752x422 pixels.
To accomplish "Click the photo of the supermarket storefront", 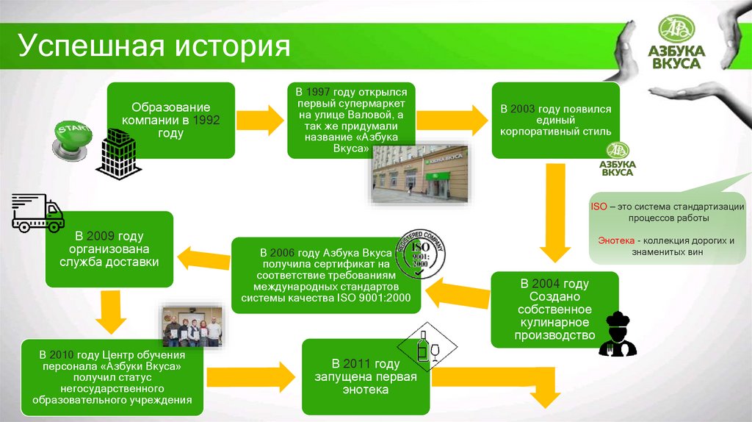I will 419,174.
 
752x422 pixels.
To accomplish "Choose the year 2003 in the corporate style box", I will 523,109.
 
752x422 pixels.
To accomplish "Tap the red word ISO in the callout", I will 599,207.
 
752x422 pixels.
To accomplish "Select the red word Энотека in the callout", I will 615,240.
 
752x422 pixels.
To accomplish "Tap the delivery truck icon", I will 38,213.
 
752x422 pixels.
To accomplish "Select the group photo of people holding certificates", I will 192,326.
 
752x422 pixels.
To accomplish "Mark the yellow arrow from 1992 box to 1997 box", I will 260,117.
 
